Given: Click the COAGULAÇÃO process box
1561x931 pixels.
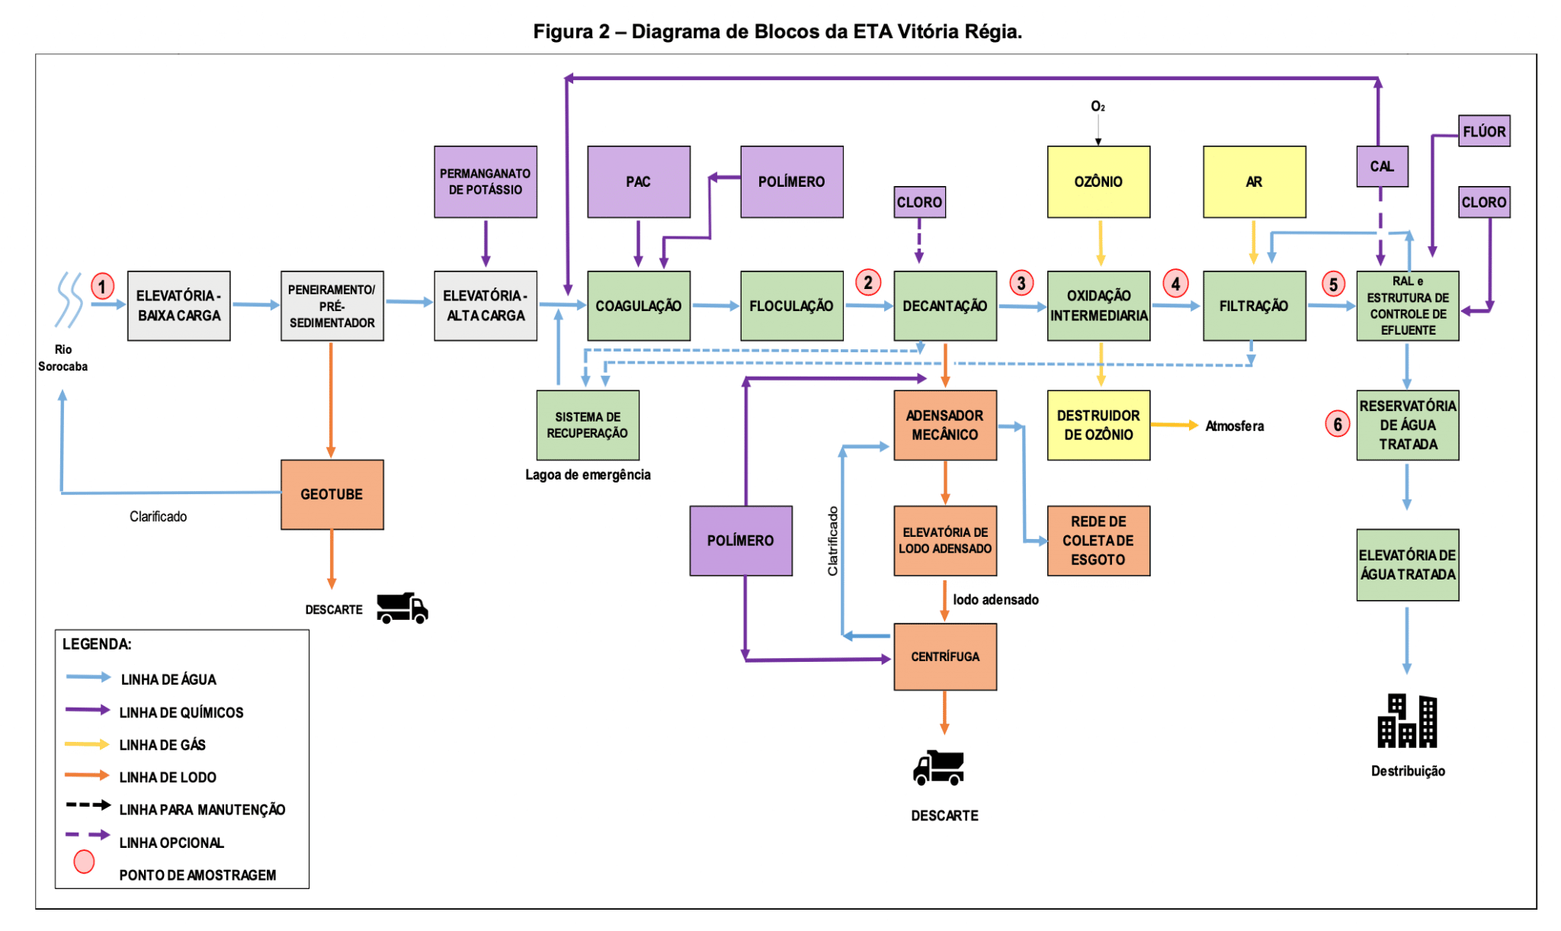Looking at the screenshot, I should click(638, 306).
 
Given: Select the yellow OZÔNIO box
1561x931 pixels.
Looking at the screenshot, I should click(1098, 181).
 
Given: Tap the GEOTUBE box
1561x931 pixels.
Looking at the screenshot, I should click(332, 494).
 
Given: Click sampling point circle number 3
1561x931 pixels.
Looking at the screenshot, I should click(1021, 283).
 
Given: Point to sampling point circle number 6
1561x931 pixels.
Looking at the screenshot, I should click(1337, 424).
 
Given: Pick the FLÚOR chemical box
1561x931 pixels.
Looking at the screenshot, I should click(1483, 131).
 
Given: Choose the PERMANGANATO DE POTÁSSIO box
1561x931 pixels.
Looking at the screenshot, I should click(485, 181).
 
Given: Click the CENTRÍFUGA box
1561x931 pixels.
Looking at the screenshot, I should click(944, 657).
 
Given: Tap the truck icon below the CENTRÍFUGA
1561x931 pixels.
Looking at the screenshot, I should click(938, 768).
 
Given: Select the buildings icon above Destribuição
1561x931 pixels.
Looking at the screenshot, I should click(1406, 721).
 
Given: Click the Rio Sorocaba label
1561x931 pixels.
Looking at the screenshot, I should click(63, 358).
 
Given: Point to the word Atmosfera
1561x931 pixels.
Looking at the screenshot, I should click(1234, 426).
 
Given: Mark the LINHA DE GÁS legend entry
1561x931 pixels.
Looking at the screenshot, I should click(162, 745).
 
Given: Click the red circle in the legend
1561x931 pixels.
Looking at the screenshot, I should click(84, 862).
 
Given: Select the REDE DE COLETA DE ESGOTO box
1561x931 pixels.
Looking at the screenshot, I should click(1098, 541).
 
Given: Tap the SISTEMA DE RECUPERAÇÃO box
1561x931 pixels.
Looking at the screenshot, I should click(587, 425).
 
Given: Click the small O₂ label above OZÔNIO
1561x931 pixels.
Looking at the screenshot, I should click(1098, 107).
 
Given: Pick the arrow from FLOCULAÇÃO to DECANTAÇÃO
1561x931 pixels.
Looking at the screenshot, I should click(868, 306).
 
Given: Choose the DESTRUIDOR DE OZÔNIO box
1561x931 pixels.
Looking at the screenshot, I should click(1098, 425).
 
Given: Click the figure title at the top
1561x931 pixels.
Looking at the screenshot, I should click(777, 31).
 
